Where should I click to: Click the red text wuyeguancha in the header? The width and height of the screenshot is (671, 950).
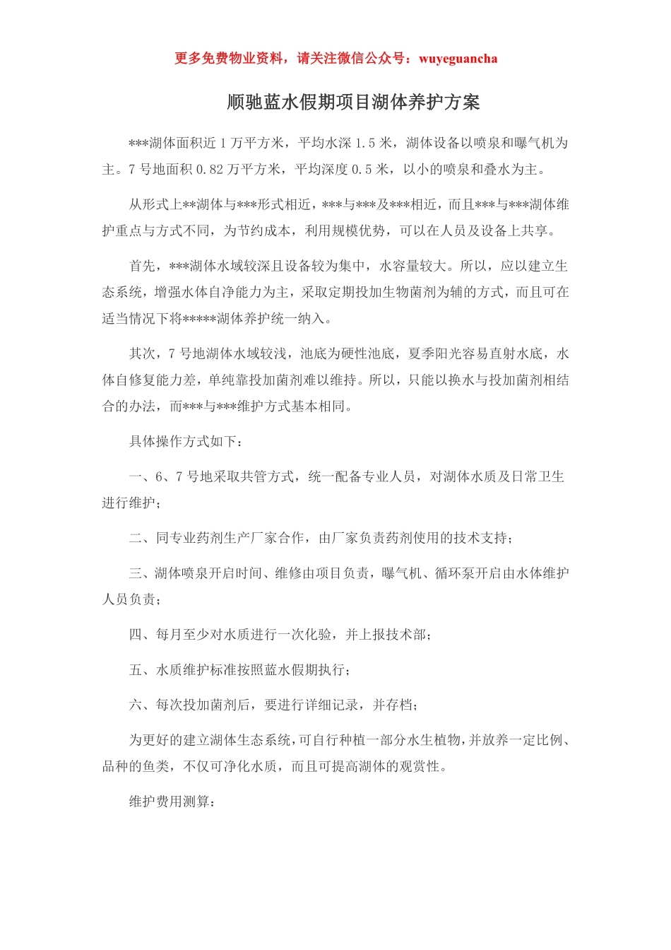(x=458, y=59)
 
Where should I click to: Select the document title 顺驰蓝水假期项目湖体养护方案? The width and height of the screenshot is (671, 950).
(x=354, y=102)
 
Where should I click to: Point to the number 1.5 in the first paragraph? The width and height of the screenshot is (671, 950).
(x=365, y=143)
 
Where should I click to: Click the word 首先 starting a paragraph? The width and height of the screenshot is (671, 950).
(x=142, y=266)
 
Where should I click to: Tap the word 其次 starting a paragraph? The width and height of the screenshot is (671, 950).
(x=142, y=354)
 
